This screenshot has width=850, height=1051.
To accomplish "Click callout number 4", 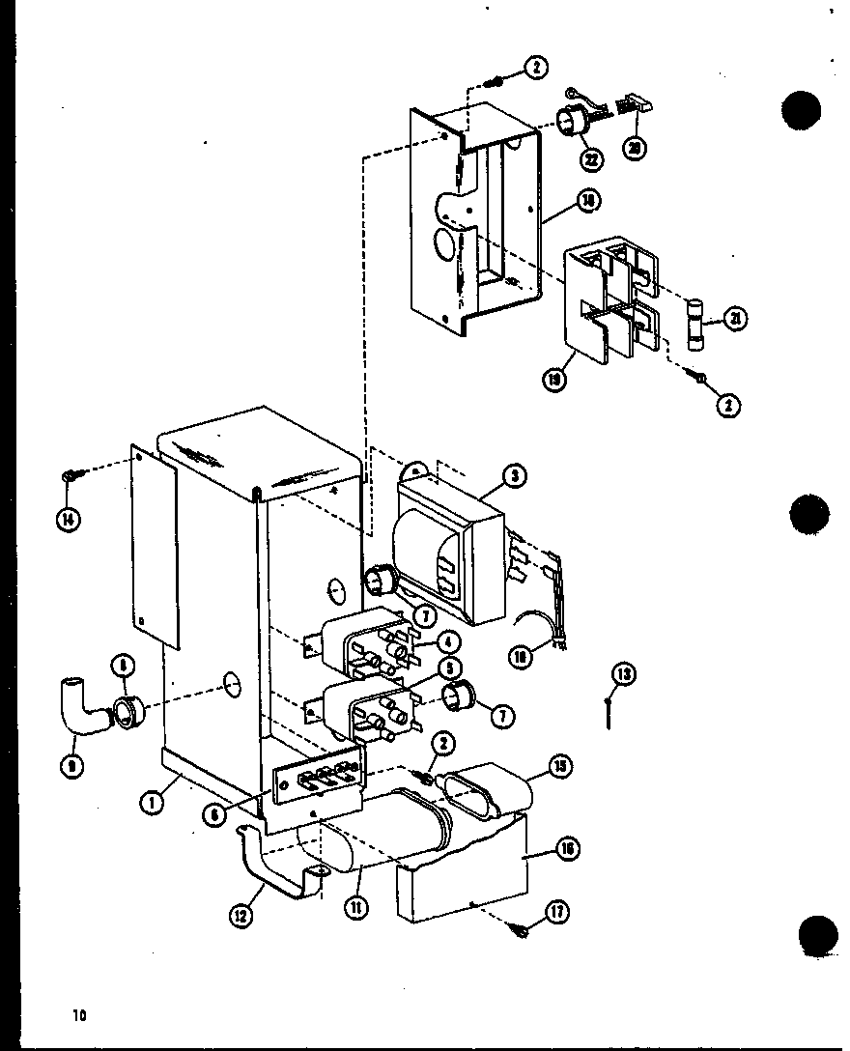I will click(x=447, y=642).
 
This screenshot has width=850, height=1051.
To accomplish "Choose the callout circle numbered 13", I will click(x=624, y=674).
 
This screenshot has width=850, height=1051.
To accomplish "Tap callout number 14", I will click(x=69, y=519).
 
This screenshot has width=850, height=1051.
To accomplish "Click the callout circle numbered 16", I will click(x=568, y=849).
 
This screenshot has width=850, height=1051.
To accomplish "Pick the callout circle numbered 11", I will click(x=357, y=908).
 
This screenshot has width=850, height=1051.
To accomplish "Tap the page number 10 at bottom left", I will click(x=78, y=1014).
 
